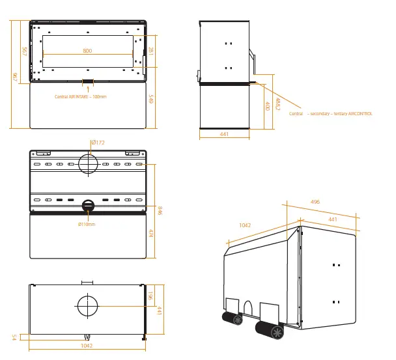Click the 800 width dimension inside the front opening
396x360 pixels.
click(87, 51)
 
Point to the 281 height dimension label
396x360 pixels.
click(150, 52)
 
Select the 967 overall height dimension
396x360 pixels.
click(14, 77)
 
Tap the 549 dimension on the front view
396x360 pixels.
click(150, 100)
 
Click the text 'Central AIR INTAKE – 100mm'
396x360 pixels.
click(81, 96)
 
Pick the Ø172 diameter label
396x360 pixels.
click(98, 142)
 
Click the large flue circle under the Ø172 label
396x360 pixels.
click(88, 162)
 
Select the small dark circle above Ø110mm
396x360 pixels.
click(87, 206)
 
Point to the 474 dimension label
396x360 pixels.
click(150, 234)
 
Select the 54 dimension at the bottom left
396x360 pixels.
click(14, 337)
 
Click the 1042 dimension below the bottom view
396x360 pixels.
click(87, 346)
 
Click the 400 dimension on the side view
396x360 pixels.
click(267, 105)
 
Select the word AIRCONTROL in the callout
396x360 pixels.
click(360, 114)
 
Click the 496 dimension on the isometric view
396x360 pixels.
click(315, 202)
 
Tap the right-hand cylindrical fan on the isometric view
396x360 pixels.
click(270, 331)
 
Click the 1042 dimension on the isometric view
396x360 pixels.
click(245, 225)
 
